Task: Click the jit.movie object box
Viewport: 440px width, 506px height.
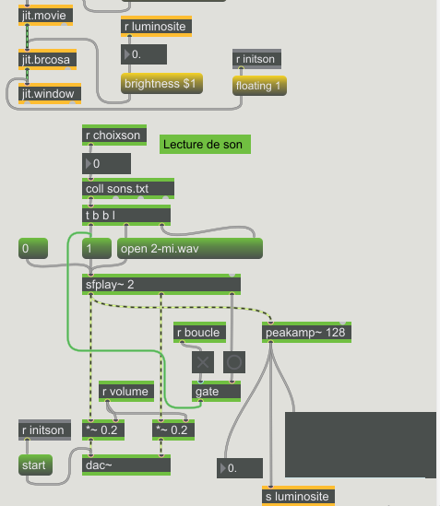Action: click(x=45, y=15)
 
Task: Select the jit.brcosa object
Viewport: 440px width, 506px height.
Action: click(x=47, y=59)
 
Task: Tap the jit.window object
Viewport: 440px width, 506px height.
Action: click(x=50, y=94)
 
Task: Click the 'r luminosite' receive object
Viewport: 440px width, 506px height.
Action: click(x=157, y=26)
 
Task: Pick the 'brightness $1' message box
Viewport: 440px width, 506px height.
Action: click(x=161, y=84)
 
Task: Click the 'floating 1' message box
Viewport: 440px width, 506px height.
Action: click(x=259, y=86)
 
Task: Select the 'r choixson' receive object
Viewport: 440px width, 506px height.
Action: click(x=114, y=135)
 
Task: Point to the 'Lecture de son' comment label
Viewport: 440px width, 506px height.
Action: click(x=205, y=145)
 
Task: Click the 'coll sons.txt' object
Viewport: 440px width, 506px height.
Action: click(x=128, y=188)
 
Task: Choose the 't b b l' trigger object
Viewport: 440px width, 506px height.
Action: click(x=126, y=215)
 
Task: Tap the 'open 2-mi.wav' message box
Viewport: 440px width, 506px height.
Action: click(x=190, y=249)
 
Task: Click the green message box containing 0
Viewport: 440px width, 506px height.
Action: click(x=33, y=249)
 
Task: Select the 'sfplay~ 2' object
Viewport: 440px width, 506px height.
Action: click(x=161, y=284)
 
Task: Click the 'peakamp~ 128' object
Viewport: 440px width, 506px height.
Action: click(x=306, y=332)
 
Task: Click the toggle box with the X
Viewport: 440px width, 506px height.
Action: click(x=203, y=362)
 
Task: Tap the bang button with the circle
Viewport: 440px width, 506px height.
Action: click(x=234, y=362)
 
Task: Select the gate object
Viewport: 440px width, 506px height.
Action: click(x=216, y=391)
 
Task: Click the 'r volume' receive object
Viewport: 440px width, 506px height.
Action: click(x=126, y=391)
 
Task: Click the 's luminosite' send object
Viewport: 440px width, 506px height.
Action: click(x=298, y=495)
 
